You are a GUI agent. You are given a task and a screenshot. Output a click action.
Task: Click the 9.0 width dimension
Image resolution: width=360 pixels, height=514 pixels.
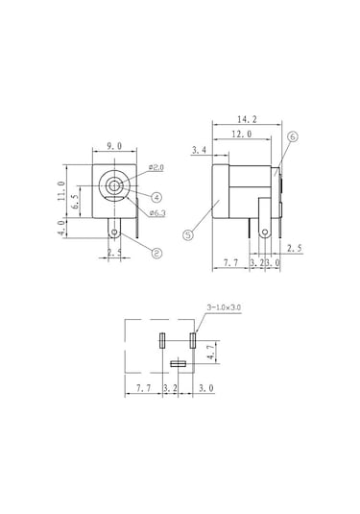114,146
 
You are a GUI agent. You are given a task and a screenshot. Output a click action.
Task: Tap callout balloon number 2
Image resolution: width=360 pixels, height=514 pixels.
155,254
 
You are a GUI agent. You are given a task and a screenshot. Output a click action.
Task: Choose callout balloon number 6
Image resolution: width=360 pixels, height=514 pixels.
293,137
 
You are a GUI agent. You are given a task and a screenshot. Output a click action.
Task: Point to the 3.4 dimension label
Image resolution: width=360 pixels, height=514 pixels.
199,151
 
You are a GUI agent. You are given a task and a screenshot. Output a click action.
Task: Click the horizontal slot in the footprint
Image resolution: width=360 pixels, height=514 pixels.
177,364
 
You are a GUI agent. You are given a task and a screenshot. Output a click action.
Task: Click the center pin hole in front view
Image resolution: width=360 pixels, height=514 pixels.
115,186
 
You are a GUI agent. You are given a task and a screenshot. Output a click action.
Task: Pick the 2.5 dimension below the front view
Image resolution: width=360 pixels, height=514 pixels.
114,254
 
